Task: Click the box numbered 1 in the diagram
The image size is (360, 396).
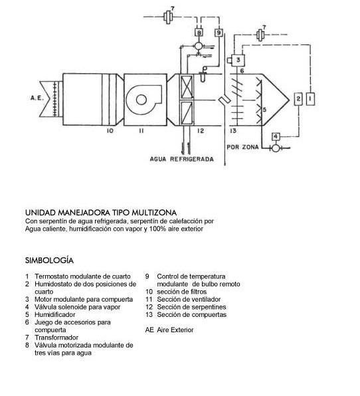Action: (x=310, y=99)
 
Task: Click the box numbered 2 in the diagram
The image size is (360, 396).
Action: (x=298, y=99)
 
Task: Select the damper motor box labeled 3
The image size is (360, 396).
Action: (x=238, y=60)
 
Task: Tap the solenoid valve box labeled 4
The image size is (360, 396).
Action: (x=276, y=137)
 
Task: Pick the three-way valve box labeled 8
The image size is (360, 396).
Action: (x=199, y=33)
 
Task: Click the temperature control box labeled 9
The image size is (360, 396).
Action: (x=219, y=33)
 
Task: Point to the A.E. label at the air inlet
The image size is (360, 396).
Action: (x=37, y=98)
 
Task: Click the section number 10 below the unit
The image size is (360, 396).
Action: (x=110, y=131)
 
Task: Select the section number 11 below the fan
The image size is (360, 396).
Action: (x=141, y=131)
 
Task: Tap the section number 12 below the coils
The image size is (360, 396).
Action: (x=201, y=131)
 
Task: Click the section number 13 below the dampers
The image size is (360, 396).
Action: (x=233, y=131)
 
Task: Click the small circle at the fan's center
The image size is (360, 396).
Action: (x=141, y=100)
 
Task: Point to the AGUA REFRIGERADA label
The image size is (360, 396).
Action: (x=182, y=159)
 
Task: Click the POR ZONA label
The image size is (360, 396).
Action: (x=242, y=147)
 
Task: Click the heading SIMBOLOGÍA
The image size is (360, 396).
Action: (x=49, y=260)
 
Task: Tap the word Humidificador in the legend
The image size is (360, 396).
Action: (x=54, y=315)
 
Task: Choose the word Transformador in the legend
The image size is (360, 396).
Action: (x=56, y=338)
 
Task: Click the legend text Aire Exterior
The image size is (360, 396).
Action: (x=175, y=330)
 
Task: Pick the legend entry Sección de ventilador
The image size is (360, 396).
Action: (x=189, y=300)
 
